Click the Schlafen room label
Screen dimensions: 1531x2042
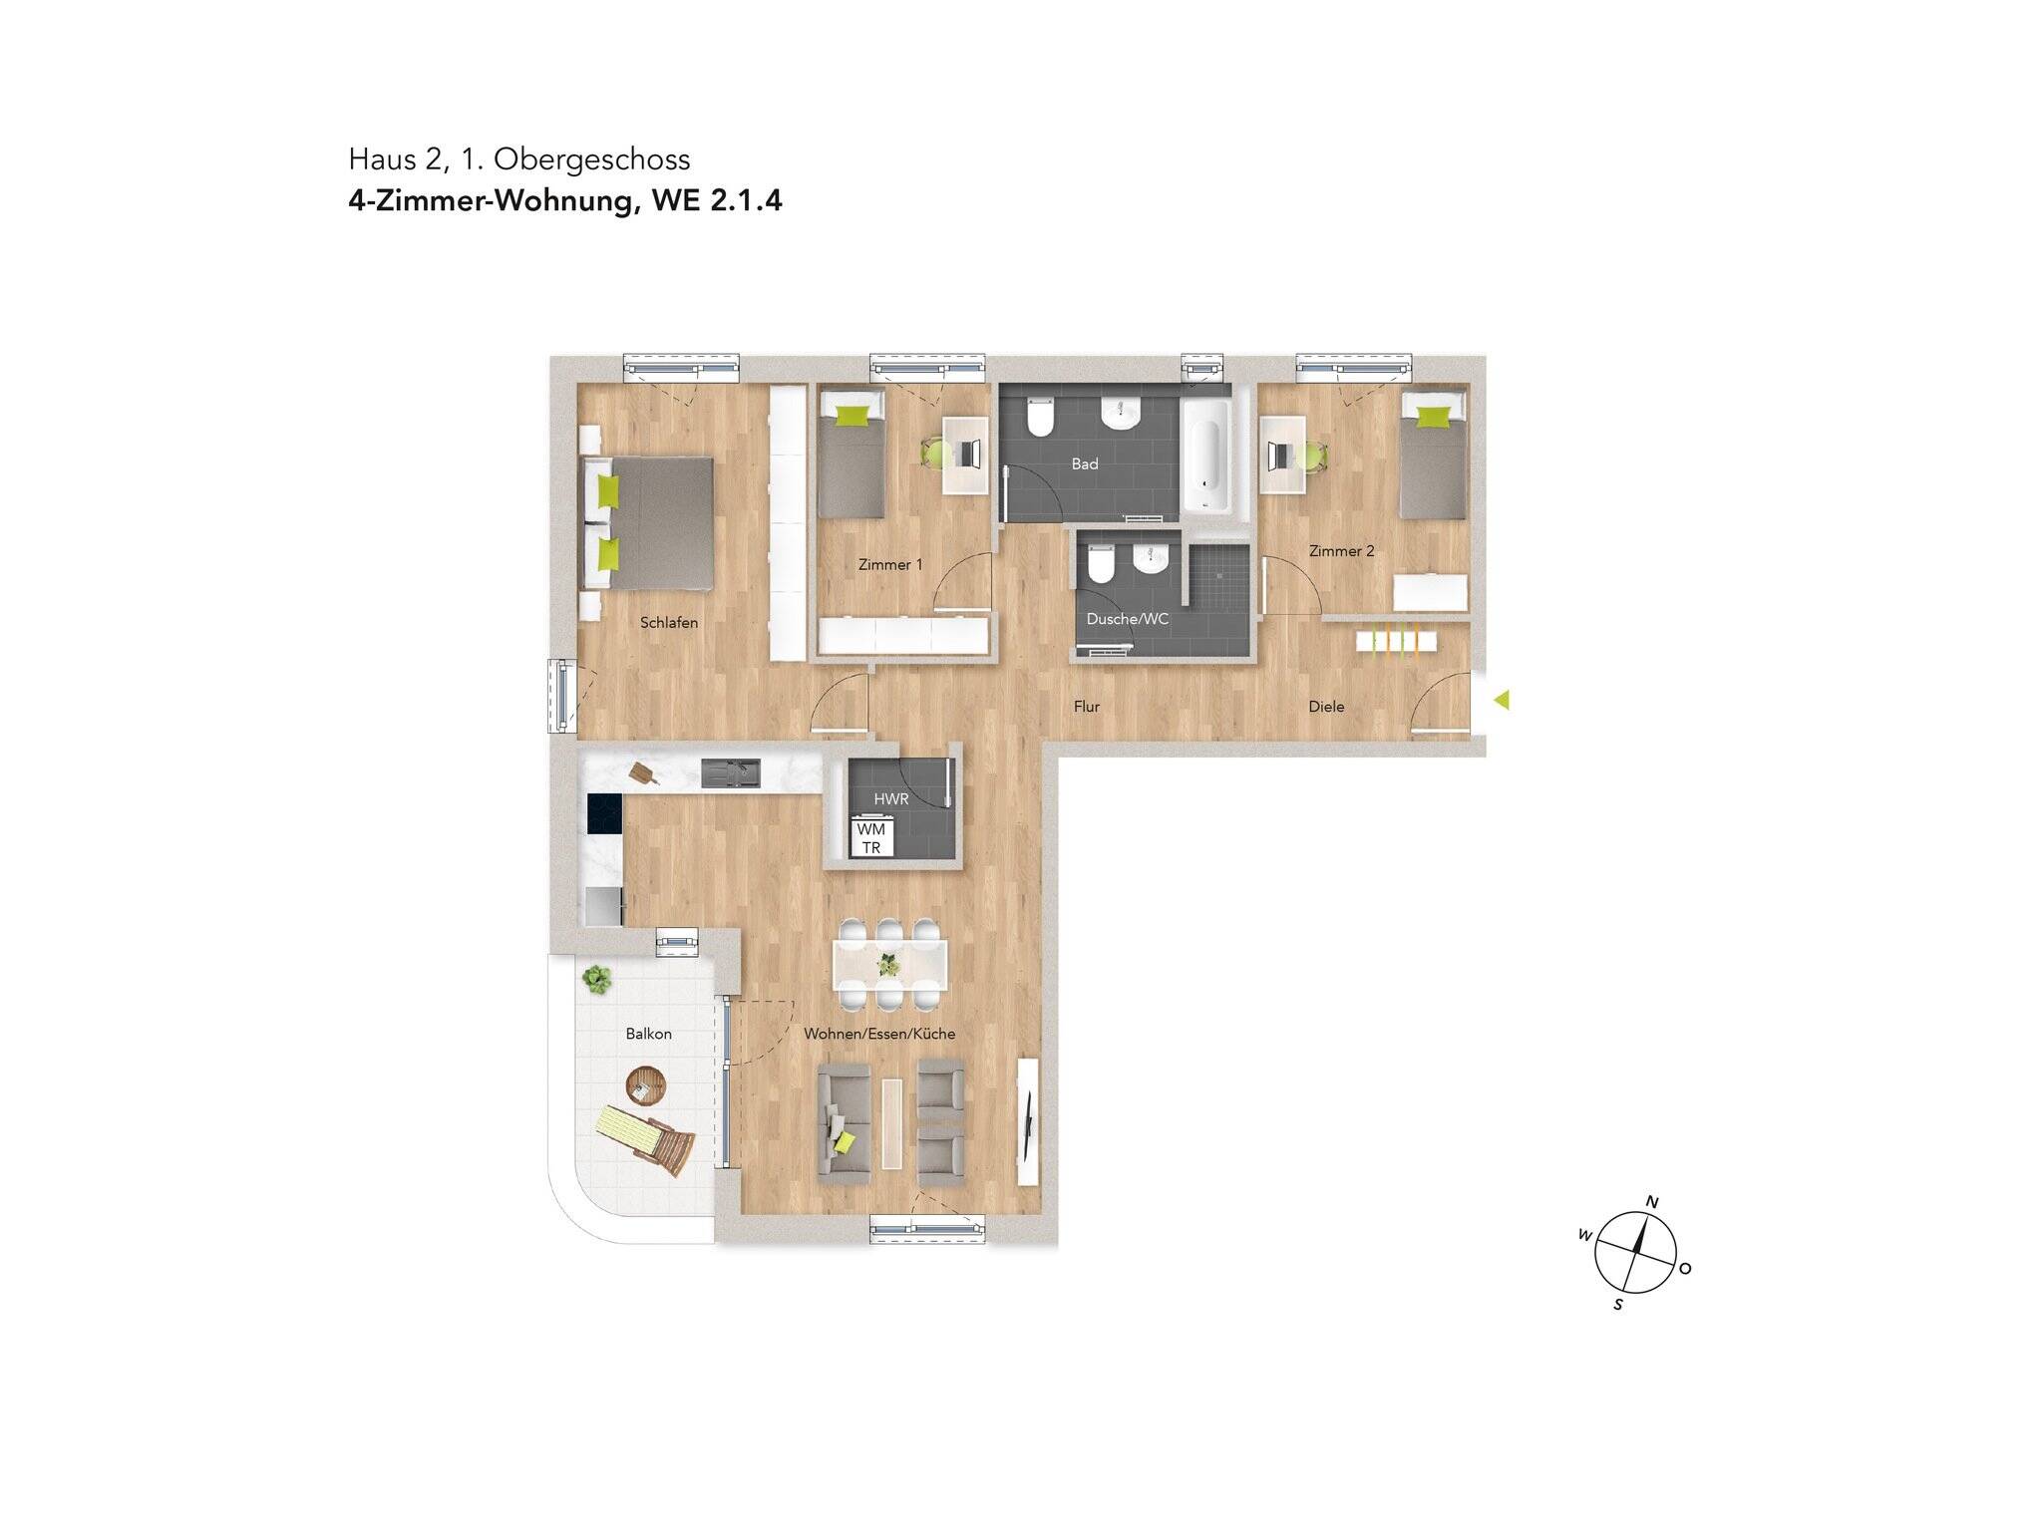(x=668, y=623)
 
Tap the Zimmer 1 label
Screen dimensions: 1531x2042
(x=890, y=565)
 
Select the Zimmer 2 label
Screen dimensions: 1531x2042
(x=1341, y=551)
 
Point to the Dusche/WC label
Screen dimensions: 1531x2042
(x=1127, y=619)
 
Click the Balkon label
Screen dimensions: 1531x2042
(x=648, y=1035)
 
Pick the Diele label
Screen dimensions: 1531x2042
(x=1326, y=707)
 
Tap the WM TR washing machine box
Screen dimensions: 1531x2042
(x=870, y=838)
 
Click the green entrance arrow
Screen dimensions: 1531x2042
(x=1501, y=701)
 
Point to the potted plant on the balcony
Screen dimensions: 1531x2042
(x=597, y=980)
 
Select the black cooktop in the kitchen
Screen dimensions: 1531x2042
(x=604, y=813)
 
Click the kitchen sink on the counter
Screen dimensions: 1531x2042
(x=730, y=773)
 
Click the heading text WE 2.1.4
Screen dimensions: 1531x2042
(x=717, y=201)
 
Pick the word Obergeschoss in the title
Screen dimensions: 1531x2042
(x=591, y=159)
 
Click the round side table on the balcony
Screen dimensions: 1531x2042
(x=645, y=1084)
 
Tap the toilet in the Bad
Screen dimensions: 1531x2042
(x=1040, y=419)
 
